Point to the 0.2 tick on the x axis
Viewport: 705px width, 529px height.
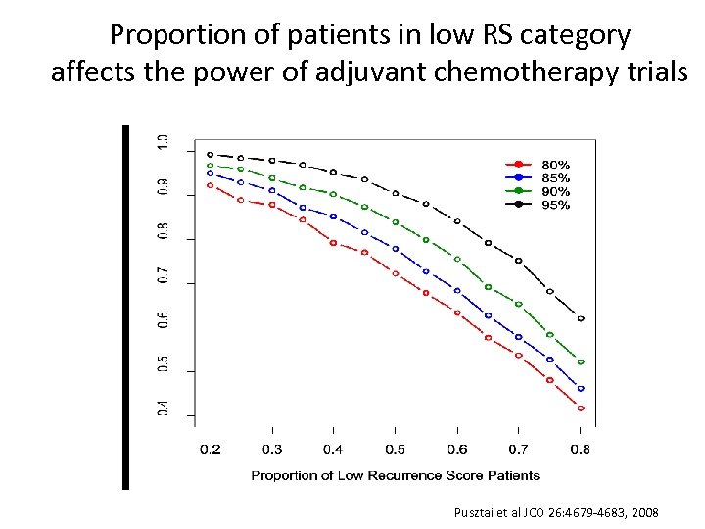(x=210, y=450)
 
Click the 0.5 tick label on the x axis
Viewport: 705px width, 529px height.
(x=395, y=450)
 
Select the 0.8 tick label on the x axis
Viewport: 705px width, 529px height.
(x=581, y=450)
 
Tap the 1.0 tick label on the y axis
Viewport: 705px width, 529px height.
(x=163, y=142)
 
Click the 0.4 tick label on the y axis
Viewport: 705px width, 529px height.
(x=163, y=408)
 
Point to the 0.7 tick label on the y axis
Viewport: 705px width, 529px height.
(x=163, y=275)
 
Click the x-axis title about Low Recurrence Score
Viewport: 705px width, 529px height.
(x=395, y=475)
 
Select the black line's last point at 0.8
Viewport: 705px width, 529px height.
(x=581, y=319)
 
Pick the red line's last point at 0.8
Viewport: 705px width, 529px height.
(x=581, y=409)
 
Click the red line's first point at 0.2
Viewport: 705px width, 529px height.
(x=210, y=185)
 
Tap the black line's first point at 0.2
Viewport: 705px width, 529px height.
(x=210, y=155)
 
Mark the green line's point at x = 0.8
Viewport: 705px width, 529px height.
(x=581, y=362)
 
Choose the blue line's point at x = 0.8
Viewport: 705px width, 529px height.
(x=581, y=389)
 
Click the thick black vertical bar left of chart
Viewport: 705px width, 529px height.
(x=125, y=306)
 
